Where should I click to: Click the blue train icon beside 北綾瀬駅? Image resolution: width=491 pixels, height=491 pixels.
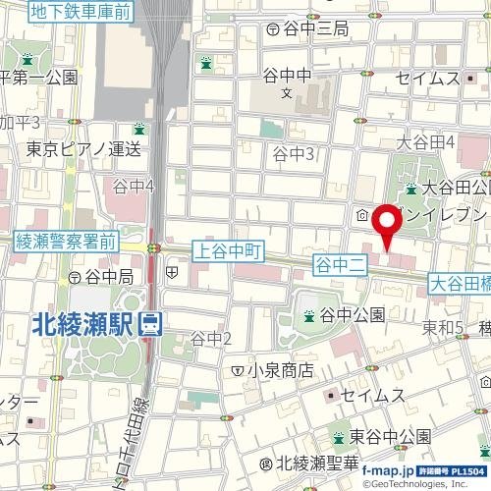tap(150, 322)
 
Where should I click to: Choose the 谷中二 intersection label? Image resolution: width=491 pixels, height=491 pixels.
tap(339, 262)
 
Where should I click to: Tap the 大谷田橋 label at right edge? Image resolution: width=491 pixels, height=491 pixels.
tap(460, 283)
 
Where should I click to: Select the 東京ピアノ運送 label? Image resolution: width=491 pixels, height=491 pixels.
tap(83, 149)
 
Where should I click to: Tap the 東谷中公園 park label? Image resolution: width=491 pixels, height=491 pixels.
tap(391, 435)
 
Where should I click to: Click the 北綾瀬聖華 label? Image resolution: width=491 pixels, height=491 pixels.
tap(320, 463)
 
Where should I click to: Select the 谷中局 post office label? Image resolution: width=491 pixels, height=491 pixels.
tap(108, 278)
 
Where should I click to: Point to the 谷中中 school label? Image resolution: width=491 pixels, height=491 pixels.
tap(287, 75)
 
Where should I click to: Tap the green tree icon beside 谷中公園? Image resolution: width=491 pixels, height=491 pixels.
tap(308, 315)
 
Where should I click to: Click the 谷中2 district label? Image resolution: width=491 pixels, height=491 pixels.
tap(210, 339)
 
